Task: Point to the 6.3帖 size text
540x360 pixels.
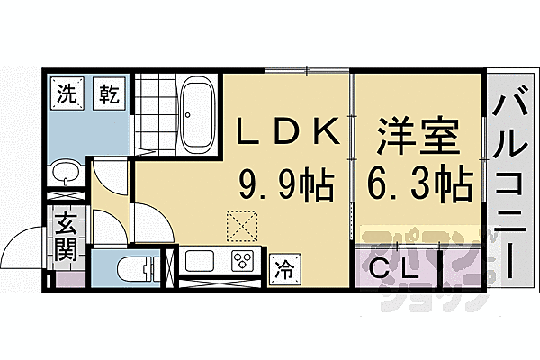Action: click(x=418, y=187)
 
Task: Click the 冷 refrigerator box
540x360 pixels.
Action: click(x=284, y=265)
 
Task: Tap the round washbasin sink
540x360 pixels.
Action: click(x=65, y=172)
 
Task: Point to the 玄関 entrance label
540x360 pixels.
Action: click(x=66, y=236)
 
